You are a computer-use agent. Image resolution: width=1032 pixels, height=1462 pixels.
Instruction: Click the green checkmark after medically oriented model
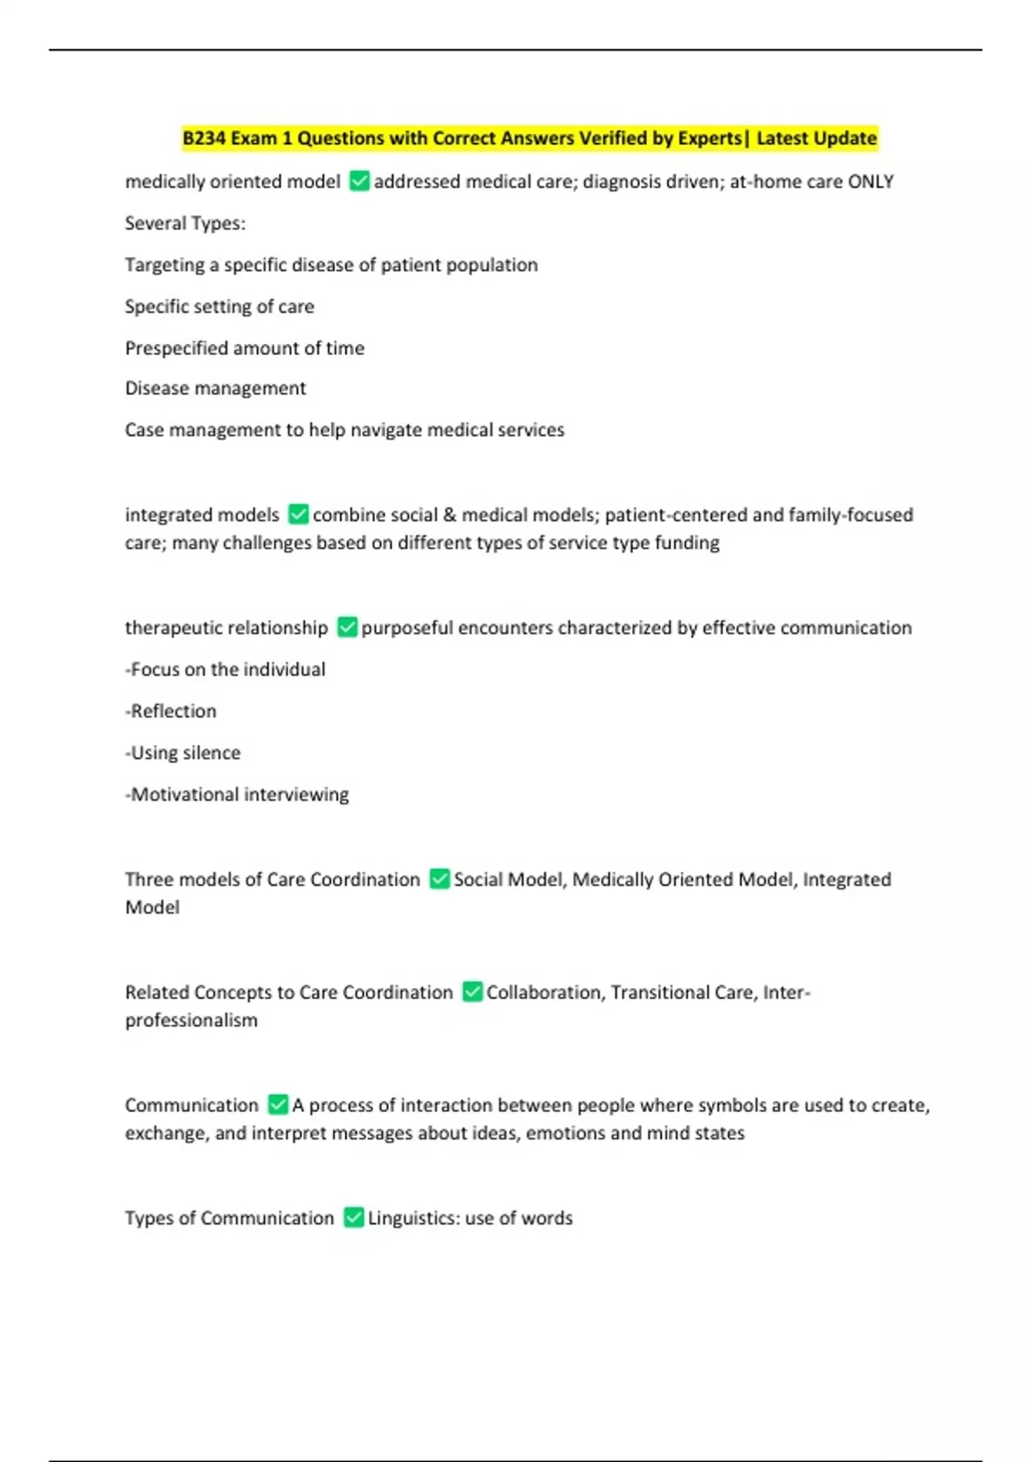(x=359, y=181)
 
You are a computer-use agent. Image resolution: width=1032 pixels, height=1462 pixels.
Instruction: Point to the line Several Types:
(x=185, y=224)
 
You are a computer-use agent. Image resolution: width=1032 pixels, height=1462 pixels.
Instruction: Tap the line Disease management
(x=215, y=389)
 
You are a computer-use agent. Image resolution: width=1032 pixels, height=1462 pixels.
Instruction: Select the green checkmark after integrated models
(x=298, y=514)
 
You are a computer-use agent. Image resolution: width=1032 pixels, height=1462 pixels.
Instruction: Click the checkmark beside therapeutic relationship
(x=347, y=628)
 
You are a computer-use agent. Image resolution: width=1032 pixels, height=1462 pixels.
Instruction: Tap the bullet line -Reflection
(x=171, y=711)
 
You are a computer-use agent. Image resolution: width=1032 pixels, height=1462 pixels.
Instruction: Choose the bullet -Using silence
(x=183, y=753)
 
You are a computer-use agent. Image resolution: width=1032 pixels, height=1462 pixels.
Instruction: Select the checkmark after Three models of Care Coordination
(x=439, y=879)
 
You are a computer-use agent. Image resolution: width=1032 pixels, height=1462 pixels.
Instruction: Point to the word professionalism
(x=191, y=1021)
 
